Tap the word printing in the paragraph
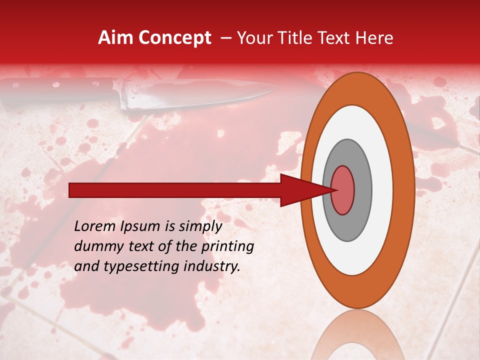pos(229,247)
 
